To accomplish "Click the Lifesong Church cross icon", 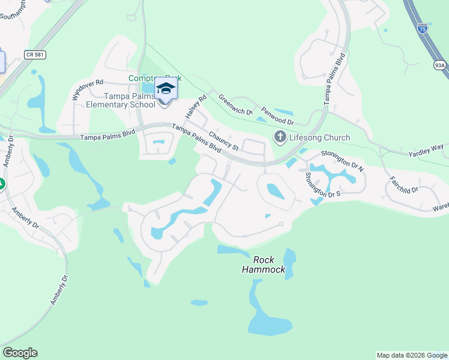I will pyautogui.click(x=280, y=137).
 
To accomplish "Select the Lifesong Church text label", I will pyautogui.click(x=319, y=138).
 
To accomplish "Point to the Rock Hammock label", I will pyautogui.click(x=264, y=265).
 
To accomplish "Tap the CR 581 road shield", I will pyautogui.click(x=35, y=55).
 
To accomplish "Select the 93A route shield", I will pyautogui.click(x=440, y=65).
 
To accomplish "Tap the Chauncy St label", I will pyautogui.click(x=223, y=143).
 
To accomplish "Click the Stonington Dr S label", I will pyautogui.click(x=322, y=184).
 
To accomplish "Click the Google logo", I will pyautogui.click(x=20, y=353).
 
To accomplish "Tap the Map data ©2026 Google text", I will pyautogui.click(x=412, y=355).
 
